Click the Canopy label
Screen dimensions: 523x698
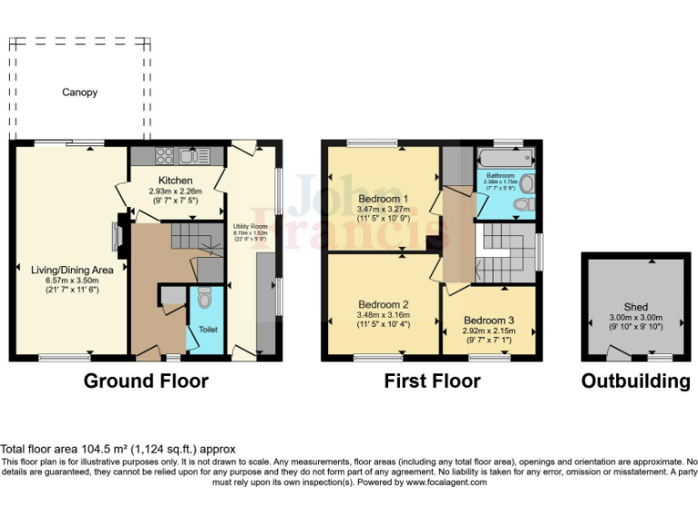coord(79,93)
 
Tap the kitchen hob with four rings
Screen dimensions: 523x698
coord(165,154)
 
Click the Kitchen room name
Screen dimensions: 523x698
coord(174,181)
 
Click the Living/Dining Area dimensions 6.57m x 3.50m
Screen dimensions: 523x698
coord(71,281)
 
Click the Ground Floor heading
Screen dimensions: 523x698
coord(145,380)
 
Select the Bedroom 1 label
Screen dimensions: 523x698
coord(383,199)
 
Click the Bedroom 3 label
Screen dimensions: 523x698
coord(489,321)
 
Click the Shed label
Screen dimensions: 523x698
coord(636,307)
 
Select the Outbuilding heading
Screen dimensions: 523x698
coord(635,381)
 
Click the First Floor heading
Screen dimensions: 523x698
coord(432,380)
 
